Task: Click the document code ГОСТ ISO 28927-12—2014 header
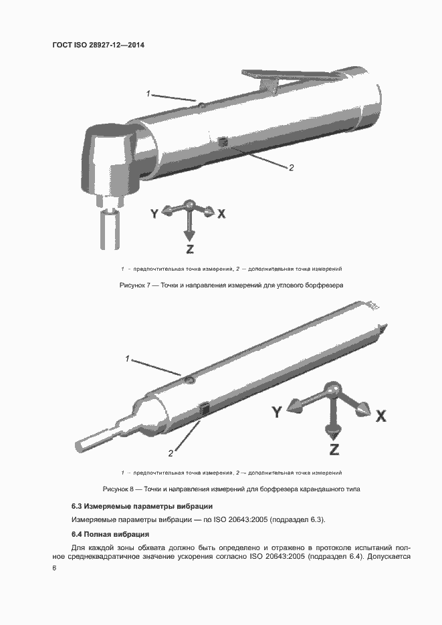(98, 45)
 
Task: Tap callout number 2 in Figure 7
(291, 168)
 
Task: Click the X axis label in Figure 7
(221, 214)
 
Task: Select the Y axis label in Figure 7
(154, 214)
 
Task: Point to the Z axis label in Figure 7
(190, 249)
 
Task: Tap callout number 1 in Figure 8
(127, 359)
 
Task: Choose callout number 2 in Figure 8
(171, 453)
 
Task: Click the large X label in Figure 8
(380, 416)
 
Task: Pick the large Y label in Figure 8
(276, 412)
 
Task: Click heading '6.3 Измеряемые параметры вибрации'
(142, 506)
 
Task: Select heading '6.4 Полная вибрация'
(110, 534)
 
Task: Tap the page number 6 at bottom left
(54, 568)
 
